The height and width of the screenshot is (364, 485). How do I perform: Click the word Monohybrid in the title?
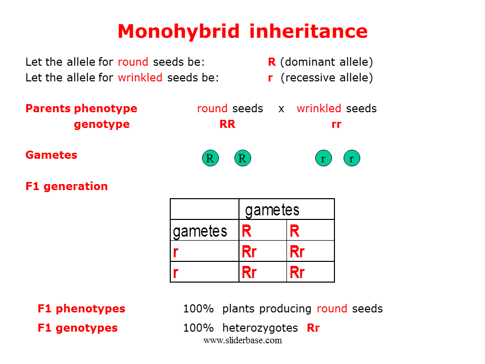[178, 32]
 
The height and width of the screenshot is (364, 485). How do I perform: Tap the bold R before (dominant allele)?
[272, 62]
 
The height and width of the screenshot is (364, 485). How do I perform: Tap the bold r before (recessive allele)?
[270, 78]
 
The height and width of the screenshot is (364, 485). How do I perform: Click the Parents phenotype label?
[81, 109]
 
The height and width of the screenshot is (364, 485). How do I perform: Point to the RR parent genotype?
[227, 124]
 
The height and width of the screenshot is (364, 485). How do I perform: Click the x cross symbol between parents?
[281, 109]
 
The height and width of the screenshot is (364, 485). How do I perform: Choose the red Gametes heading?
[51, 155]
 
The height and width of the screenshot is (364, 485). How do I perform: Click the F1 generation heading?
[66, 187]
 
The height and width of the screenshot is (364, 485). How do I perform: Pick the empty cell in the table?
[204, 209]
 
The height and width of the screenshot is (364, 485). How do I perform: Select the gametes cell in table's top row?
[286, 209]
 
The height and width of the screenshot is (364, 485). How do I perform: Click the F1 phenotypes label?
[81, 309]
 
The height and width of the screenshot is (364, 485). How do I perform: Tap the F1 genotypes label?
[77, 328]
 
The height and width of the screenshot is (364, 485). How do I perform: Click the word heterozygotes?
[260, 328]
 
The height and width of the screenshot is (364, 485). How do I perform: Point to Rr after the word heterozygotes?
[313, 328]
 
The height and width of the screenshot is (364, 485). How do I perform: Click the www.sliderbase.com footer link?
[243, 340]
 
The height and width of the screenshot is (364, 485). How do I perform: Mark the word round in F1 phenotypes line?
[332, 309]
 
